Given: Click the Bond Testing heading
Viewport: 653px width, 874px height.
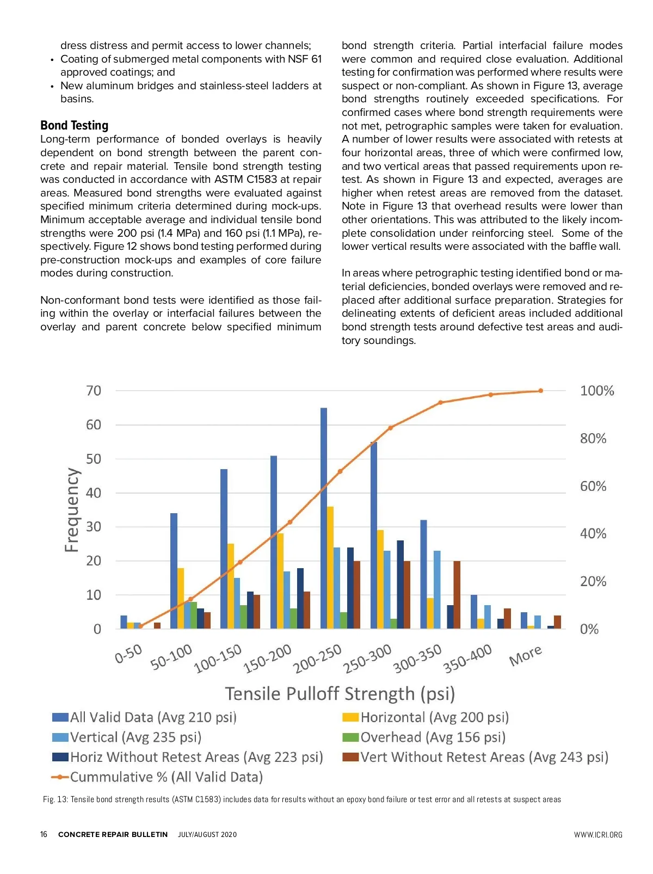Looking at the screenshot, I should click(x=74, y=126).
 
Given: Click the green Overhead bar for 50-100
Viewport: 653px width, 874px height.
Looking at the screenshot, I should click(x=194, y=616).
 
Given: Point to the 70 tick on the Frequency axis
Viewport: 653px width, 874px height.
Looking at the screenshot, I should click(x=94, y=391).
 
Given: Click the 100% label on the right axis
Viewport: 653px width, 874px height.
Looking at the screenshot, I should click(x=596, y=391).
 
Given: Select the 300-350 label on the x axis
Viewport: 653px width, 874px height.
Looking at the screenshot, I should click(x=417, y=658).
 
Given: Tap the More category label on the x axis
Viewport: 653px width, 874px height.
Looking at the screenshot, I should click(x=525, y=655).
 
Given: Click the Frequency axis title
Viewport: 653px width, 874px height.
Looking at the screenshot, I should click(x=72, y=510).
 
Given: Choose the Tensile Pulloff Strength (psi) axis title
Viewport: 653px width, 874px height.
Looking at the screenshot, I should click(x=340, y=694).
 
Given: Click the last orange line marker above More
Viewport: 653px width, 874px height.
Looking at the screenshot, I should click(x=540, y=391).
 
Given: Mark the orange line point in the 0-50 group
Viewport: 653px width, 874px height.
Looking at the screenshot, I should click(x=140, y=626).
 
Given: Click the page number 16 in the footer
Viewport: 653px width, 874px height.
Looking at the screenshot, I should click(x=44, y=834).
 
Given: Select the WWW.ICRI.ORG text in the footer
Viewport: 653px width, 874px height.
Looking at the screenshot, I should click(x=597, y=835).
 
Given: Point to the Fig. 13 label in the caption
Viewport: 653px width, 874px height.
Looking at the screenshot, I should click(x=55, y=799).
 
